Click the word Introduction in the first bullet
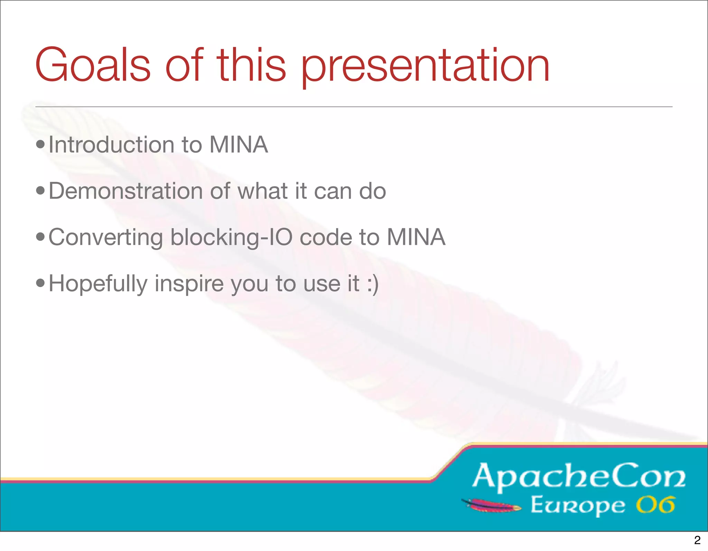point(111,145)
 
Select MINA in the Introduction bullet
point(239,145)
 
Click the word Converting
point(105,238)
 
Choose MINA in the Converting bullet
point(416,237)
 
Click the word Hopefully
point(98,284)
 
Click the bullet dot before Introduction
point(40,144)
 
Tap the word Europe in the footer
point(578,506)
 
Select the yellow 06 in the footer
point(655,505)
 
